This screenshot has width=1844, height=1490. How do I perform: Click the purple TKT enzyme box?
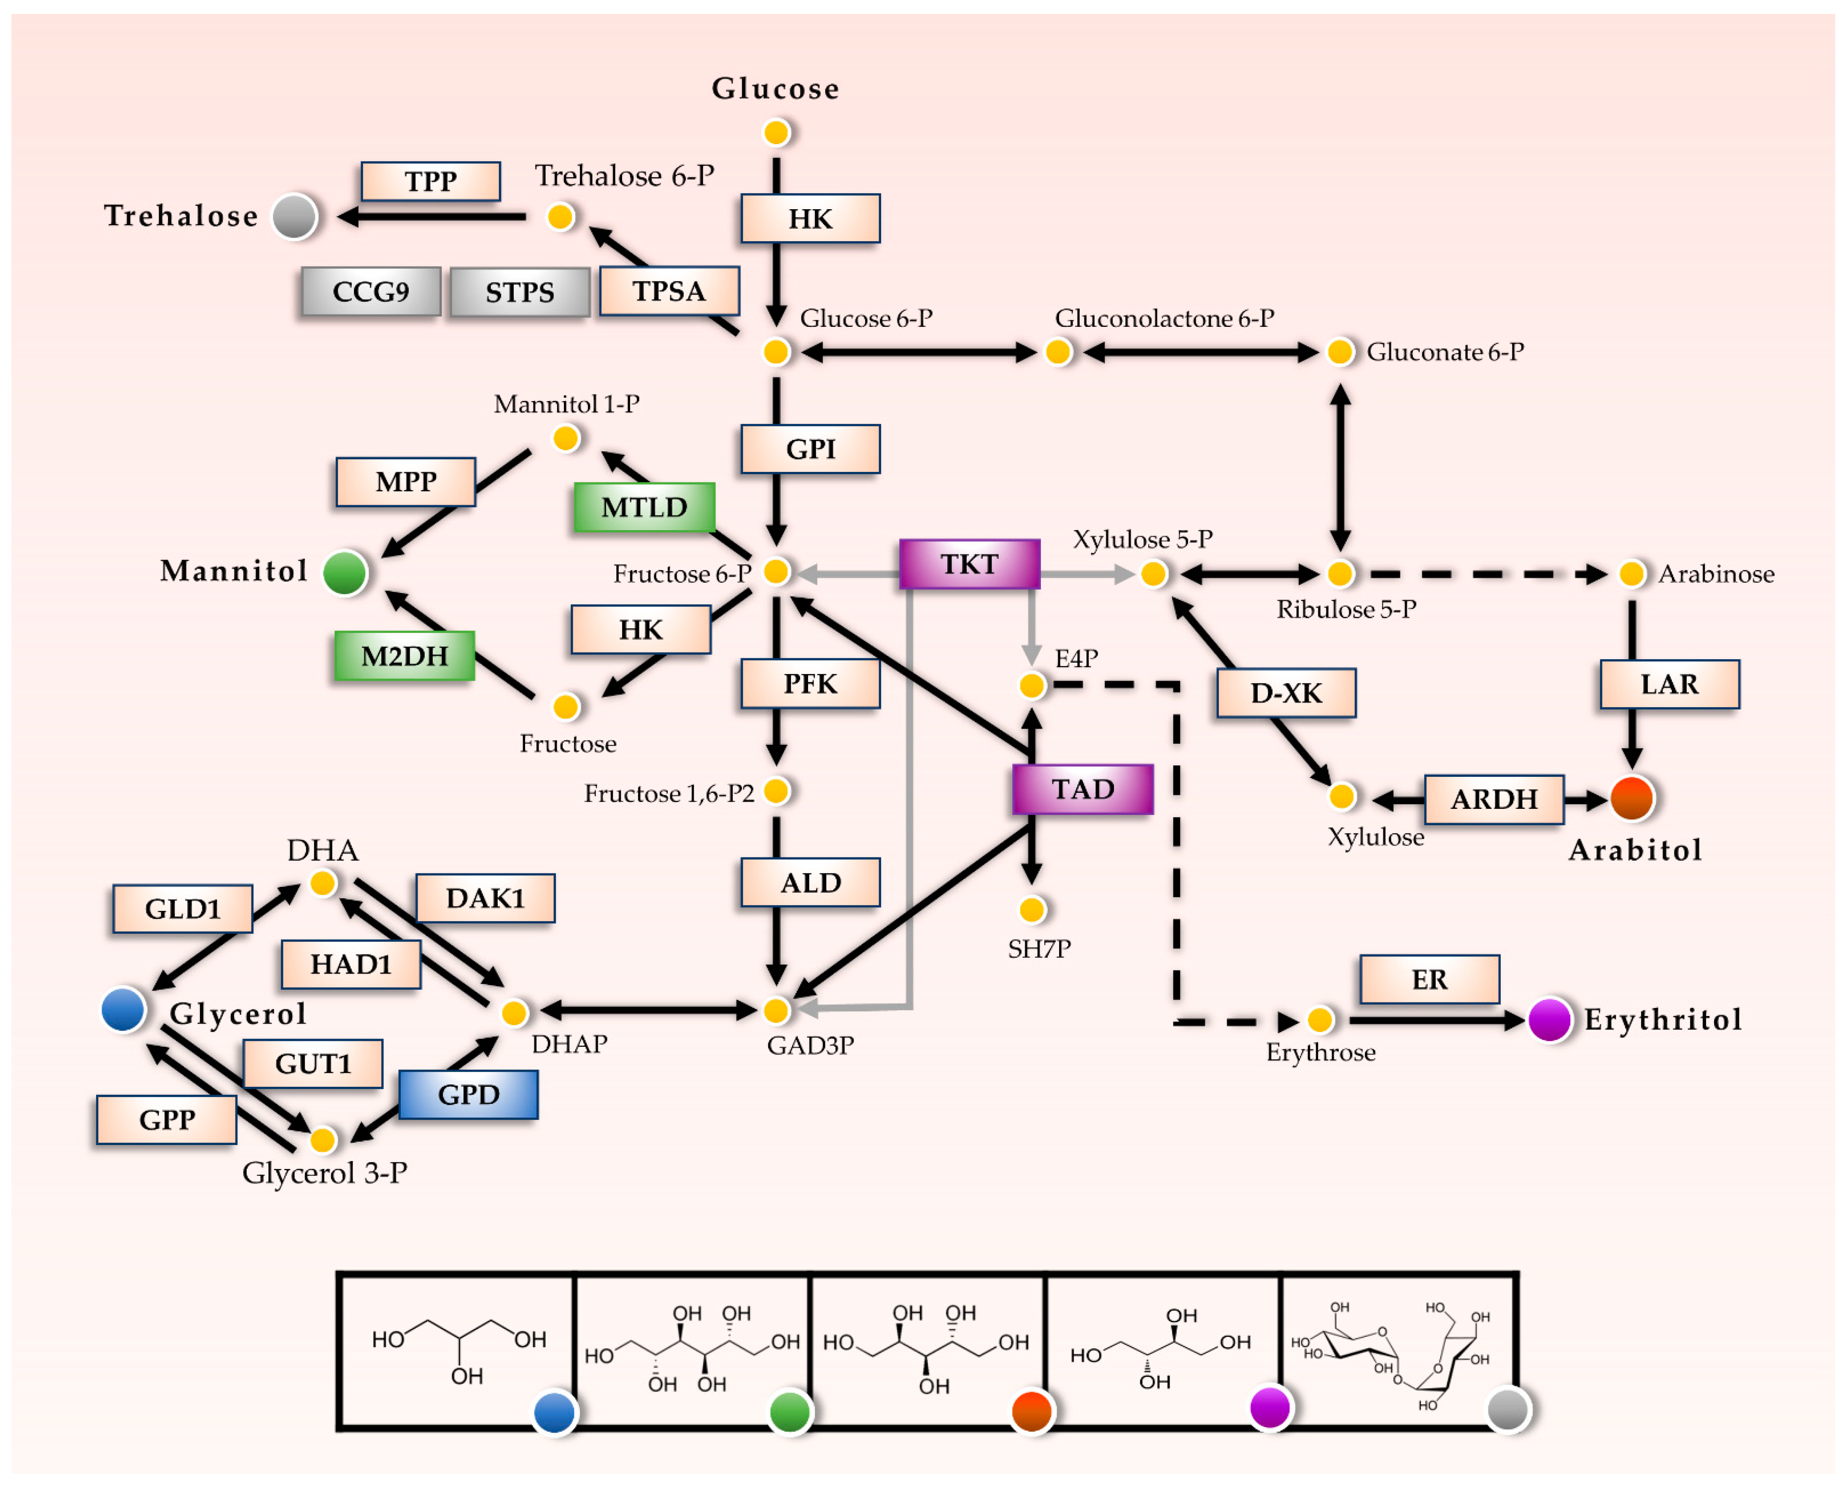[x=969, y=564]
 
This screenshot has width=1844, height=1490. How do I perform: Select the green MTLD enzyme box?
[x=644, y=507]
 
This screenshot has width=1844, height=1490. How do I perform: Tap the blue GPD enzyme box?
[x=469, y=1094]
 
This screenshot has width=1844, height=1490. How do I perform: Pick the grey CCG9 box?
[x=371, y=292]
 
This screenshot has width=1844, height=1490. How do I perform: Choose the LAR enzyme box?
[x=1670, y=684]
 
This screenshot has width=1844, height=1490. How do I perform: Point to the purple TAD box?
[x=1083, y=789]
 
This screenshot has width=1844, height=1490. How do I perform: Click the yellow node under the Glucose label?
[x=776, y=132]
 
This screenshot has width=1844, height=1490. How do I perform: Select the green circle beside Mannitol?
[x=345, y=572]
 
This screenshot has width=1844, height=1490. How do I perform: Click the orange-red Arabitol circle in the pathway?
[x=1632, y=798]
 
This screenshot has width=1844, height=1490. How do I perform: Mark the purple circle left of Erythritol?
[x=1550, y=1020]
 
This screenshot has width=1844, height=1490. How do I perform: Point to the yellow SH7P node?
[x=1032, y=909]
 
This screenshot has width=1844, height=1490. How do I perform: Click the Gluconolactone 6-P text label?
[x=1164, y=318]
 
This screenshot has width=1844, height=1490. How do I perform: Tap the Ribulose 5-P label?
[x=1346, y=609]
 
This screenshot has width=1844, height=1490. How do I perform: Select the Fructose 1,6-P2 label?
[x=669, y=793]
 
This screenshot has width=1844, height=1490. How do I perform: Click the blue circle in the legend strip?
[x=555, y=1412]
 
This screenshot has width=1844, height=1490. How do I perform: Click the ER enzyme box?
[x=1429, y=979]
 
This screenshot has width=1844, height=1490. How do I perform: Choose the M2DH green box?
[x=404, y=656]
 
